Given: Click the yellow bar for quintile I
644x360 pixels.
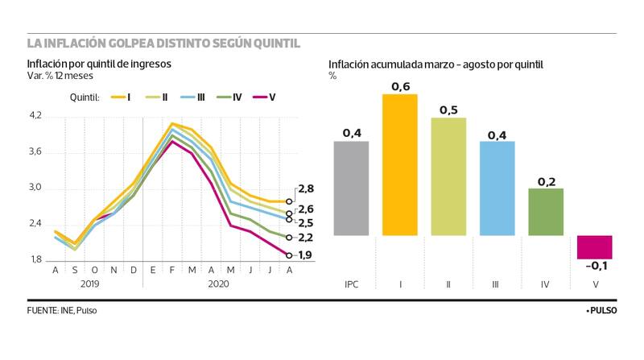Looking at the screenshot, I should click(399, 165).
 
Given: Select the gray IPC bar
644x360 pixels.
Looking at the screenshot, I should click(351, 188).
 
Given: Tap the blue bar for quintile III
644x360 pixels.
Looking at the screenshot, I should click(496, 188).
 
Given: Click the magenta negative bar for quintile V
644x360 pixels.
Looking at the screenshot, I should click(594, 247).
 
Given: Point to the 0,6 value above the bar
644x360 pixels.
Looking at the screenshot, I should click(400, 85).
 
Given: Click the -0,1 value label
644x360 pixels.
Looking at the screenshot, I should click(597, 267).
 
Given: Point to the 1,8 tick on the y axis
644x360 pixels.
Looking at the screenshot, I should click(35, 260).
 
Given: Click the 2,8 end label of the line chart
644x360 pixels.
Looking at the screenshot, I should click(306, 189).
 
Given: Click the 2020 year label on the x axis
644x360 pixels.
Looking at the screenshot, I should click(217, 284).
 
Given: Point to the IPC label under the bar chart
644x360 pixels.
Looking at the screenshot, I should click(351, 284).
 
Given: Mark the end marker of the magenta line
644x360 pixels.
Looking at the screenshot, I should click(289, 254).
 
